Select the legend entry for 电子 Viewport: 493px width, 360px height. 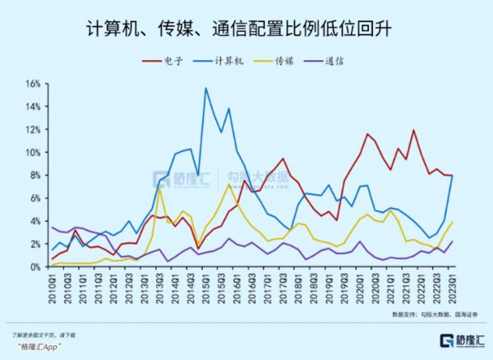(x=172, y=61)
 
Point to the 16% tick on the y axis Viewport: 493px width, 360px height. (x=33, y=84)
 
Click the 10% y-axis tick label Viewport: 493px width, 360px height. (x=33, y=153)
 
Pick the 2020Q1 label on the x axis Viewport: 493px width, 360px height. (x=361, y=288)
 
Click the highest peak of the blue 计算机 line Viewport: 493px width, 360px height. (x=205, y=88)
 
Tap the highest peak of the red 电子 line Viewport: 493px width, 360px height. (x=413, y=130)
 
